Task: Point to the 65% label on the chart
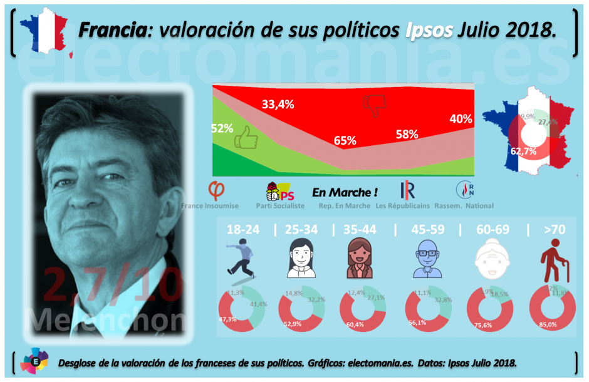point(345,141)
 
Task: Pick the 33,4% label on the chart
point(278,105)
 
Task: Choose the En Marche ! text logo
point(345,192)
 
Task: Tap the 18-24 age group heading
point(242,230)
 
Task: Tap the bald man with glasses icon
point(424,260)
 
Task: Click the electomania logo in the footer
point(33,361)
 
